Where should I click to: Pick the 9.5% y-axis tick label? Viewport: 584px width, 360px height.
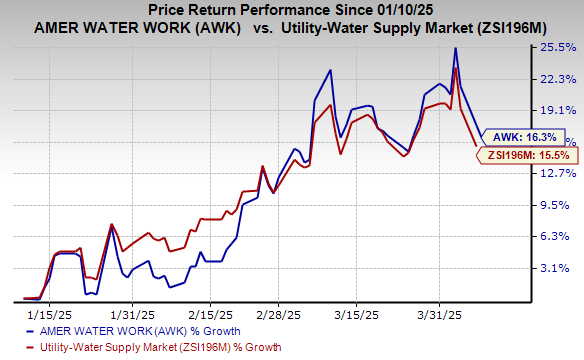tap(558, 205)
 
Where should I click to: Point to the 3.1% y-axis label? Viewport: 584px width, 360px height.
tap(558, 268)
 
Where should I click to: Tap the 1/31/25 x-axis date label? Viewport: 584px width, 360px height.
tap(130, 310)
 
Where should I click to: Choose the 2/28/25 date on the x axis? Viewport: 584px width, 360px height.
tap(276, 310)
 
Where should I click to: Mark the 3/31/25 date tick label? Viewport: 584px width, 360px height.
tap(439, 310)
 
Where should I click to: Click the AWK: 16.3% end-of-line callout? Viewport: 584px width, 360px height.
tap(521, 139)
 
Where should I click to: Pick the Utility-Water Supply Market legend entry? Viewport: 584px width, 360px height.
tap(150, 347)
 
